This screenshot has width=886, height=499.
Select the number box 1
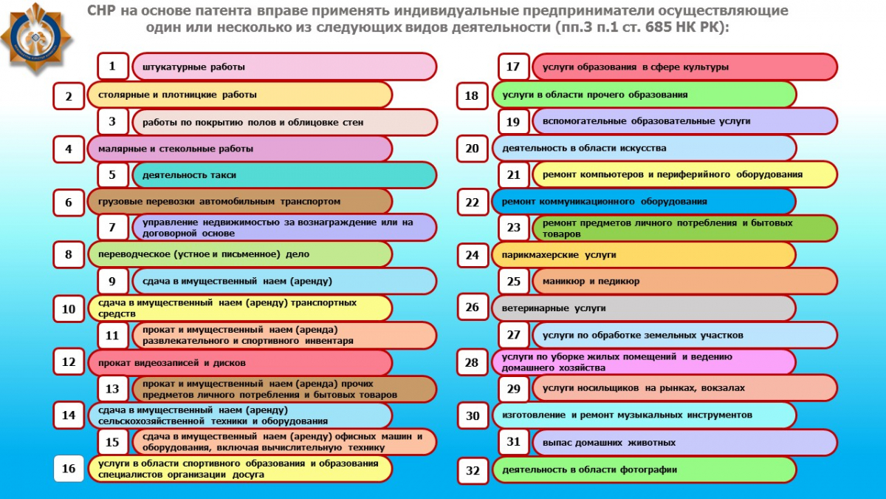pos(112,67)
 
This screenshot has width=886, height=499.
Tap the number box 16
pos(69,469)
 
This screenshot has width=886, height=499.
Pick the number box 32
pos(472,469)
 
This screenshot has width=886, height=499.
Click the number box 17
pos(513,67)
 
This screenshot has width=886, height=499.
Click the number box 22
pos(472,201)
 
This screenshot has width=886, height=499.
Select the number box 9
pos(112,281)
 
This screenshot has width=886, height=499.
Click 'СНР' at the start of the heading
pos(101,11)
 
